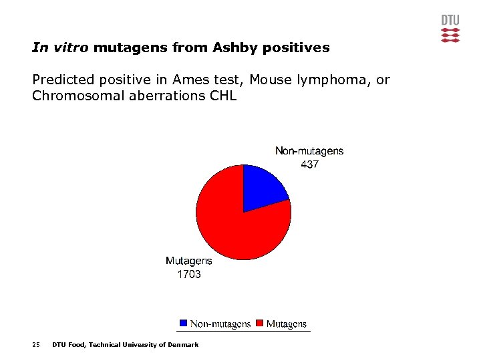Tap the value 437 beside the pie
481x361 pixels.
click(309, 164)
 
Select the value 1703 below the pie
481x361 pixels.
click(188, 274)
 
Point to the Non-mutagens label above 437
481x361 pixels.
click(309, 151)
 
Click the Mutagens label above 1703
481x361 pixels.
click(188, 261)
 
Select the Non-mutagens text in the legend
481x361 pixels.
click(220, 324)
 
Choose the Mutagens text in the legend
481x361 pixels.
click(287, 324)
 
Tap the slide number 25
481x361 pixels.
click(36, 345)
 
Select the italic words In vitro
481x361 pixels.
click(61, 48)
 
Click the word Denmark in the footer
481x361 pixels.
click(182, 345)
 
